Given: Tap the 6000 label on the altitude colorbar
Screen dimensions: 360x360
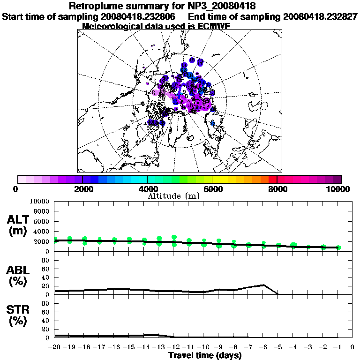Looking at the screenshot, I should coord(212,189).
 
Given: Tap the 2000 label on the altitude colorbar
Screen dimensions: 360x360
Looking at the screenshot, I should coord(82,189).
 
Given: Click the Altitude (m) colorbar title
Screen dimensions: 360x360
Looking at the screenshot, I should coord(174,196).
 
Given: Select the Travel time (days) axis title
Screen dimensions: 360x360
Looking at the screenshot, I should coord(205,355).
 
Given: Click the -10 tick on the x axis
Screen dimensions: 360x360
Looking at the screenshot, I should coord(203,347).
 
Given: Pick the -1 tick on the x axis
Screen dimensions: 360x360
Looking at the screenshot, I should coord(337,347).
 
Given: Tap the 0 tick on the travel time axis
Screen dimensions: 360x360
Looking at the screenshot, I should coord(352,347).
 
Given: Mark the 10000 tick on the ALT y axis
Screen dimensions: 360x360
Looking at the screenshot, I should coord(40,202).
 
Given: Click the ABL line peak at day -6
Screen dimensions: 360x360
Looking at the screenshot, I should coord(264,285).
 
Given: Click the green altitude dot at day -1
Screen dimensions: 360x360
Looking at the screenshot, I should coord(338,247).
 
